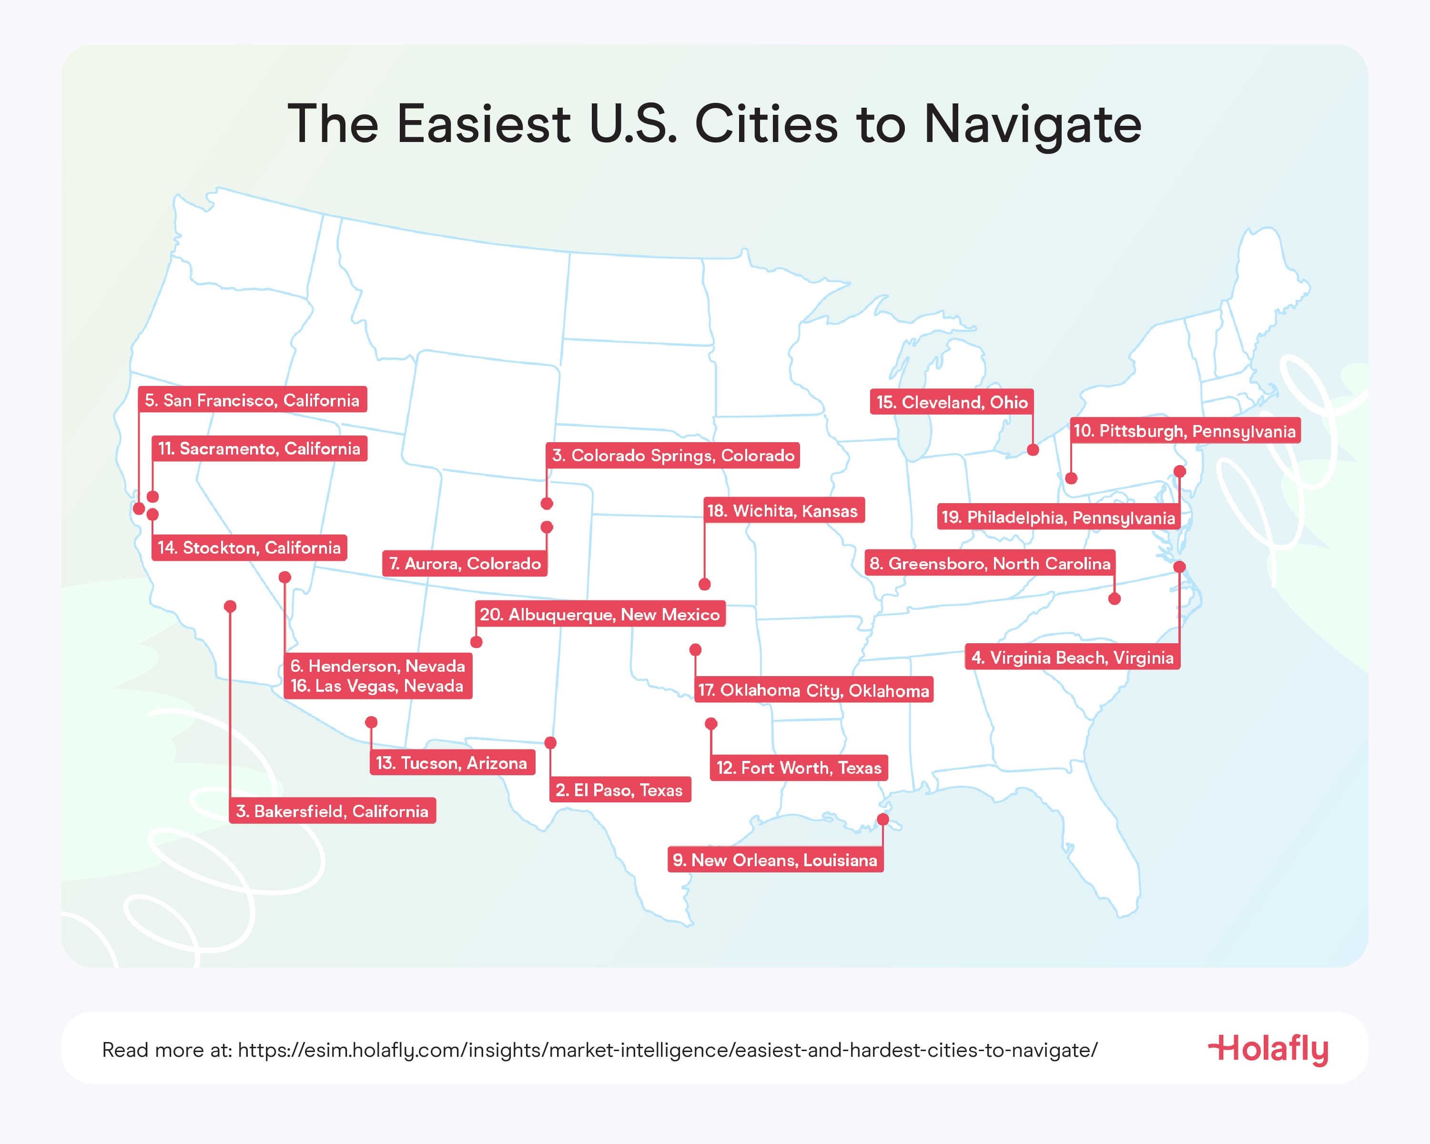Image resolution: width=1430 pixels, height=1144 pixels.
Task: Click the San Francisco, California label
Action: click(252, 400)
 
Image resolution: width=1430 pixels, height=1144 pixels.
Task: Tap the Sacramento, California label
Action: click(259, 449)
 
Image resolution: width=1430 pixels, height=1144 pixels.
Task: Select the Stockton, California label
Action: click(249, 548)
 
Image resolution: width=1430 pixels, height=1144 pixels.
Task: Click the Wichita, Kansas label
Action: click(782, 511)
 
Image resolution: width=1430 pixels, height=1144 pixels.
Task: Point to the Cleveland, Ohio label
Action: click(951, 402)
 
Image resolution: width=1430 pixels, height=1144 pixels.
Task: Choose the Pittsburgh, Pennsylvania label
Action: click(1184, 431)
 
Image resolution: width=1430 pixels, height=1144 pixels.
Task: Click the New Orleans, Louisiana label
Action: click(775, 860)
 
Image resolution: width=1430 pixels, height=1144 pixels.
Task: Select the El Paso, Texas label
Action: click(619, 790)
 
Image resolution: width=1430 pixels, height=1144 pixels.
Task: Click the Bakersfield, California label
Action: click(332, 811)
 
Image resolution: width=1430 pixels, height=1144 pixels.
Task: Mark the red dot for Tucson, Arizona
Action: click(371, 722)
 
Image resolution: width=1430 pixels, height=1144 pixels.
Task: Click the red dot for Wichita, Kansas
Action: click(704, 584)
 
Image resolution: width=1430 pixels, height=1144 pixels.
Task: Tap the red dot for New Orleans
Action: click(883, 820)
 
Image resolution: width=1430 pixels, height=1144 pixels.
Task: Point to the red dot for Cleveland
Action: click(1033, 450)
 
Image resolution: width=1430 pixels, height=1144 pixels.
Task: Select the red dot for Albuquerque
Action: click(476, 642)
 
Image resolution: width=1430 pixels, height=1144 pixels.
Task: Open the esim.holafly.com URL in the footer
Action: click(667, 1051)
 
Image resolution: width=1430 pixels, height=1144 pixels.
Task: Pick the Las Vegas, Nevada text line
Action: click(377, 687)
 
